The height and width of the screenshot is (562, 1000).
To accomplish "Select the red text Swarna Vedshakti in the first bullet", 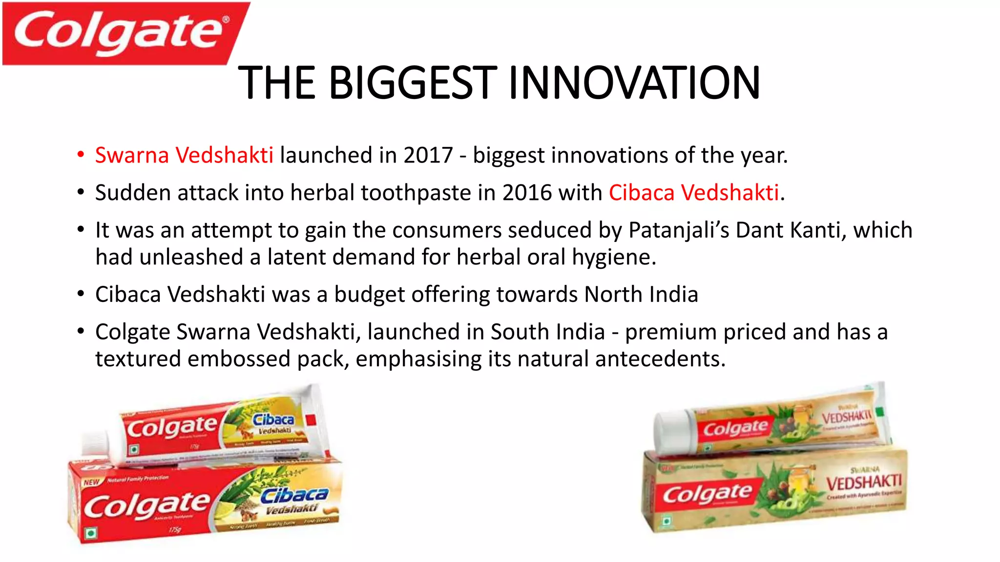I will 184,156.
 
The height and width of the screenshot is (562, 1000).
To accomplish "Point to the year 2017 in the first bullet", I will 428,156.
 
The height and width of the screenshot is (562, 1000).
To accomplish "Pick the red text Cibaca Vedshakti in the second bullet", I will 693,193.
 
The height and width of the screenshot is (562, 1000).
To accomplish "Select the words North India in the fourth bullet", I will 641,295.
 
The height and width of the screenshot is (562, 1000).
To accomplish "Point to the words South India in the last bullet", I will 547,332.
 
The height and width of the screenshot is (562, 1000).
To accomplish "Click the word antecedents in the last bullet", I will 659,360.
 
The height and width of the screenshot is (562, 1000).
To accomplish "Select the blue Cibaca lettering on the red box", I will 294,495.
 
